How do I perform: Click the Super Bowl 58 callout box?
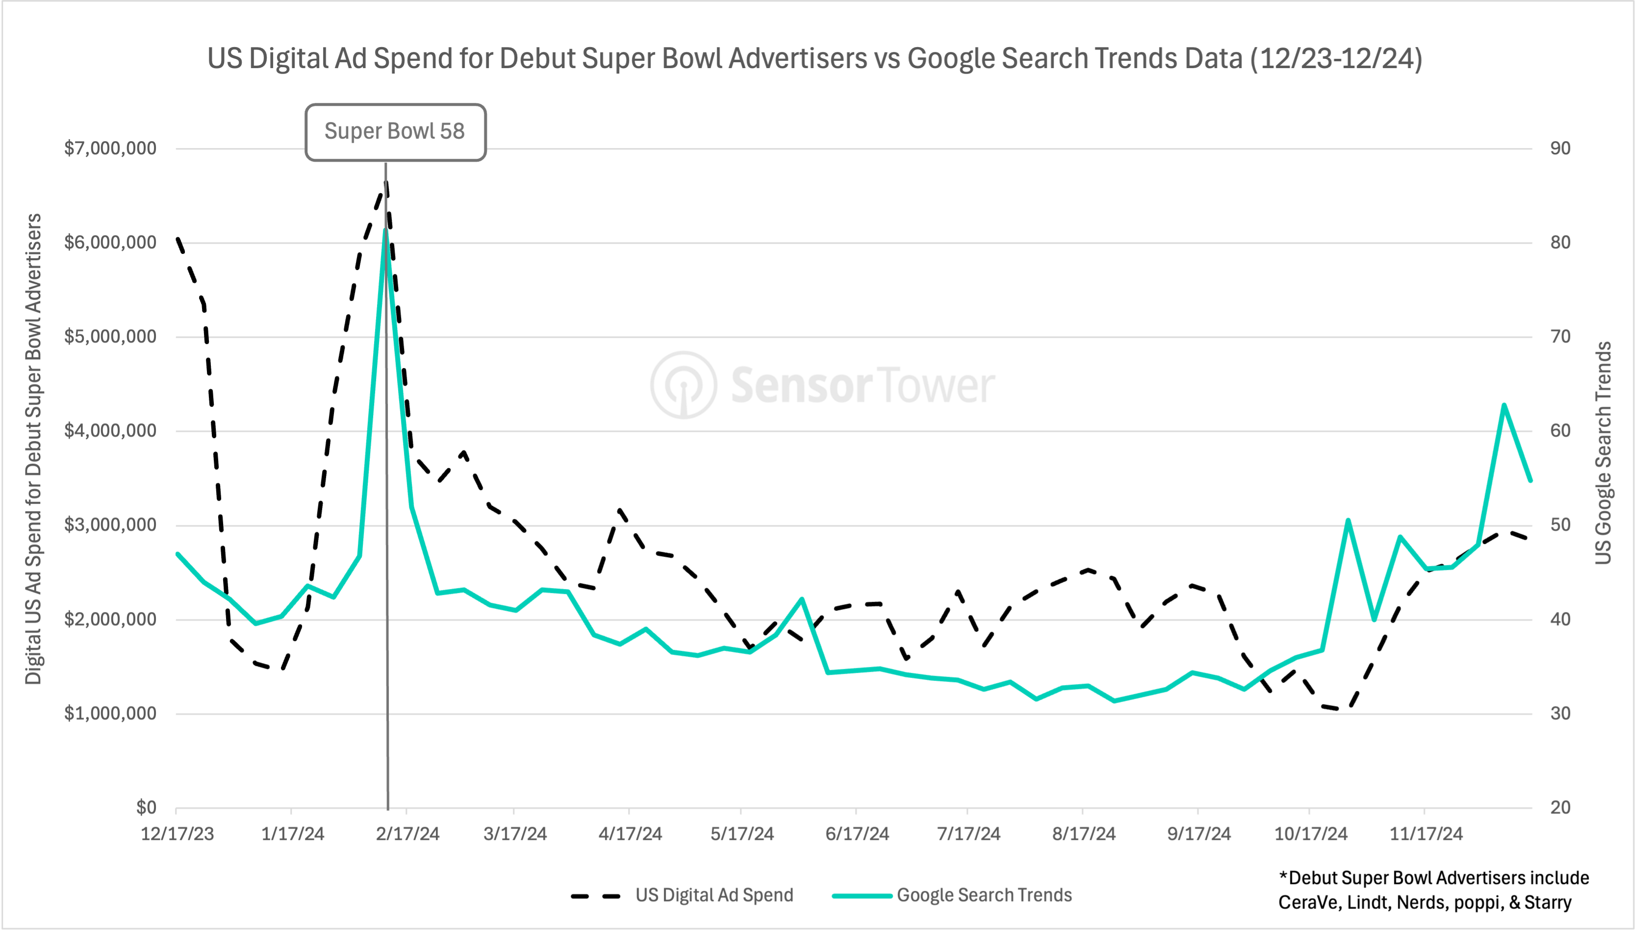point(395,132)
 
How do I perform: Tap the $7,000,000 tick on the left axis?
point(110,148)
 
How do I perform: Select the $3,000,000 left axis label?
point(110,525)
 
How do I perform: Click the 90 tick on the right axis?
point(1560,148)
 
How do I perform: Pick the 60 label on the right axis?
point(1560,431)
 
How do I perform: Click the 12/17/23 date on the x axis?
point(177,834)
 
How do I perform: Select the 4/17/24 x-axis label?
point(630,834)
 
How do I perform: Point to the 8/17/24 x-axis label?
point(1084,834)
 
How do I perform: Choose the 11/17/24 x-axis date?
point(1426,834)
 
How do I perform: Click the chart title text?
point(814,58)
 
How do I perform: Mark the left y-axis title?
point(33,448)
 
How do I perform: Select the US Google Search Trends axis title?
point(1603,453)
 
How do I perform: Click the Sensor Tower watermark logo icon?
point(684,385)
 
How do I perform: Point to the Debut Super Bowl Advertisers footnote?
point(1433,890)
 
